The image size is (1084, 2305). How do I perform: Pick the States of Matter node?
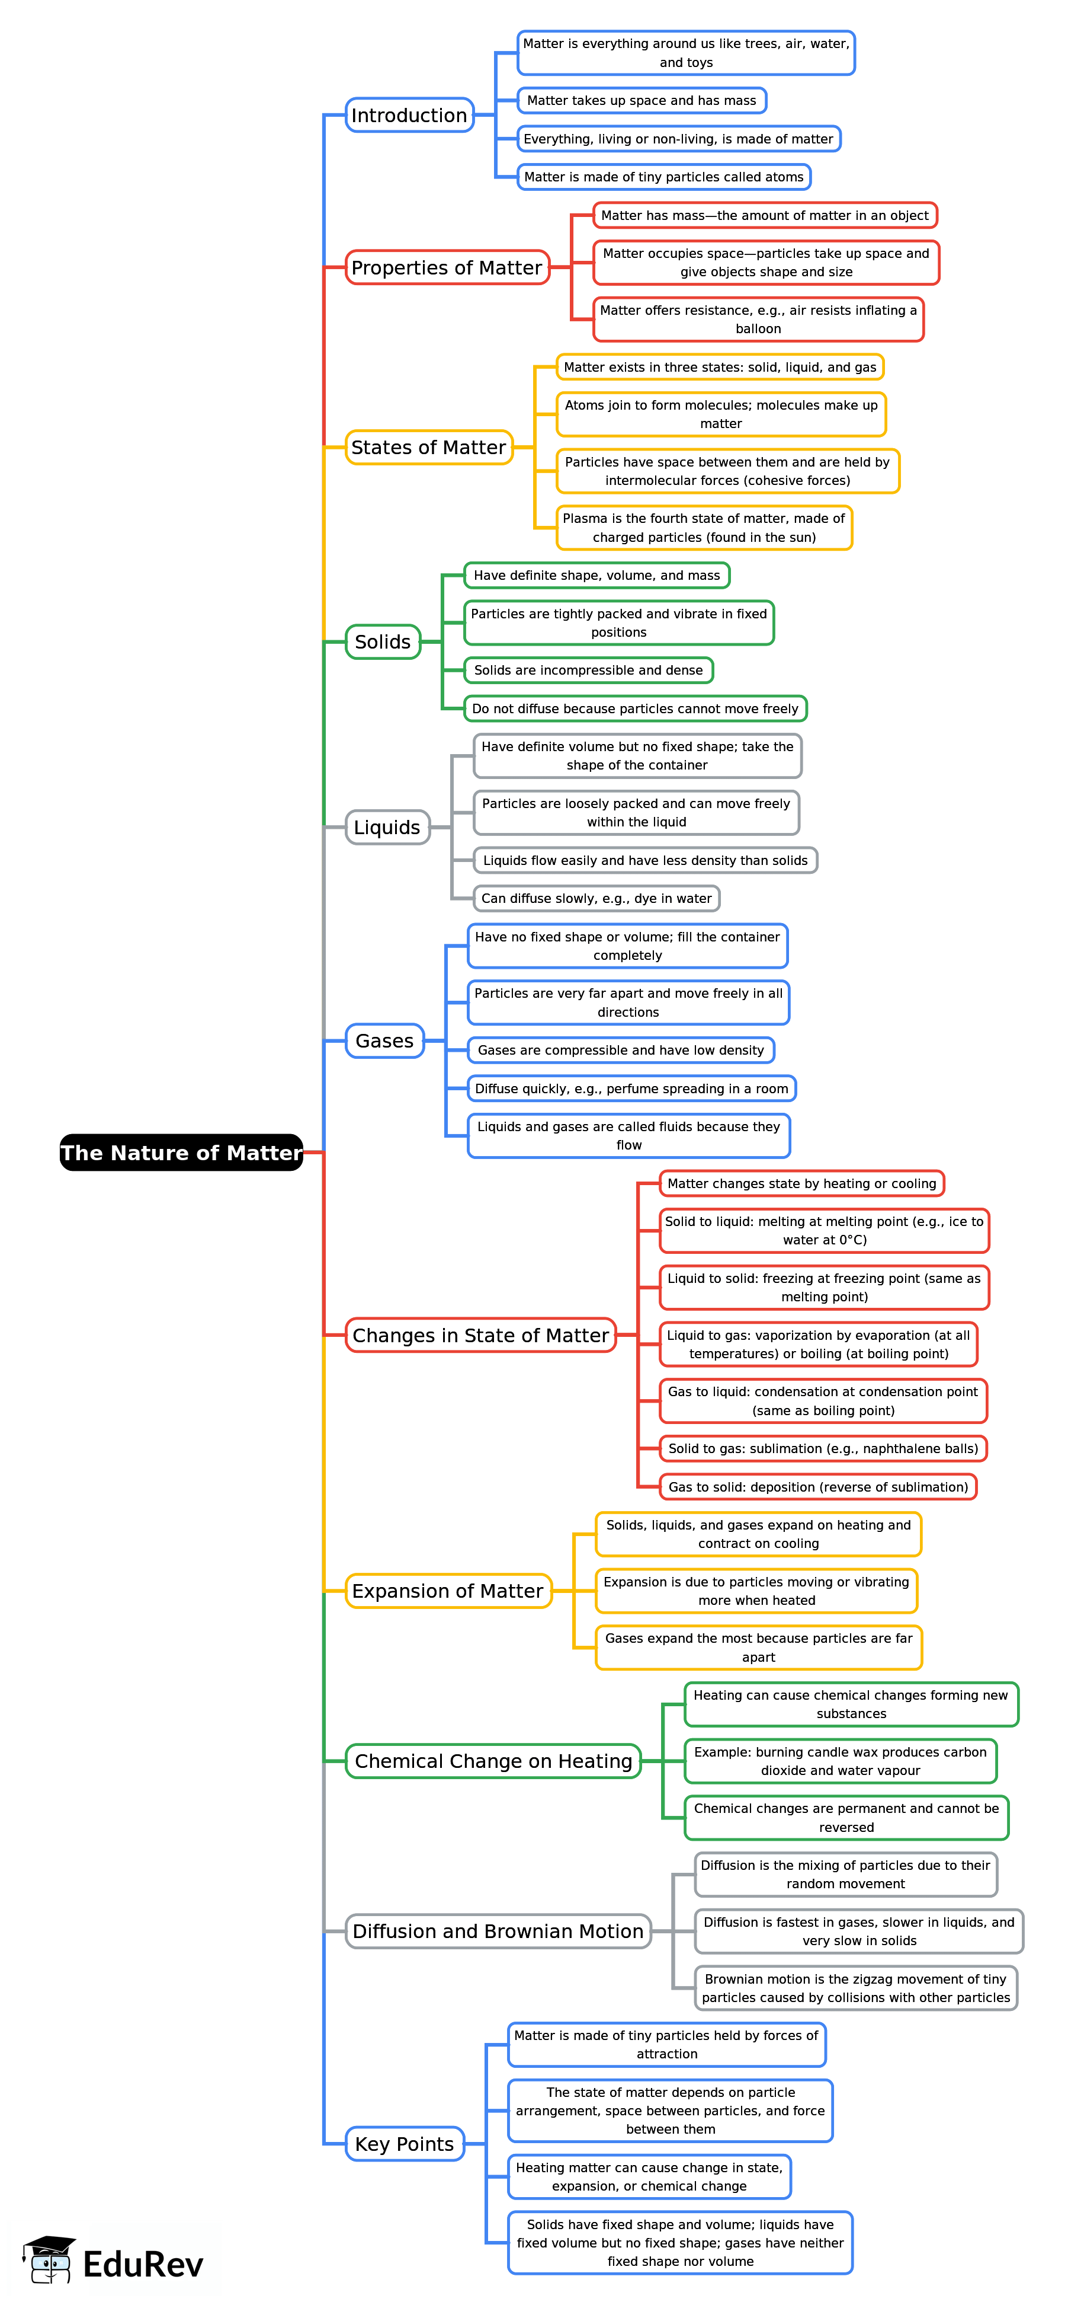pyautogui.click(x=428, y=448)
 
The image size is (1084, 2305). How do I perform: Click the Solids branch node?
pyautogui.click(x=383, y=641)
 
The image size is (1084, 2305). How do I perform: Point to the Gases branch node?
pyautogui.click(x=384, y=1040)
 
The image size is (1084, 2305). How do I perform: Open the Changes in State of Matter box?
pyautogui.click(x=480, y=1335)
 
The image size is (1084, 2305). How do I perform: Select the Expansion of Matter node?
pyautogui.click(x=448, y=1591)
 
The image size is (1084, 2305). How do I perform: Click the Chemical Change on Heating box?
pyautogui.click(x=493, y=1761)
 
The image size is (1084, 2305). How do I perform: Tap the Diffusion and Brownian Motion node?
pyautogui.click(x=498, y=1931)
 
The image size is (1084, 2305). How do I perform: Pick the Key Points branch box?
pyautogui.click(x=404, y=2144)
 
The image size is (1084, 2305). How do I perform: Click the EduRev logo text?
pyautogui.click(x=143, y=2264)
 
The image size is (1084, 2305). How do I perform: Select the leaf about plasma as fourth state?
pyautogui.click(x=704, y=528)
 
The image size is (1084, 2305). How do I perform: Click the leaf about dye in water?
pyautogui.click(x=596, y=898)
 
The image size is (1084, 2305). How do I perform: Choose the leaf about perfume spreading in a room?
pyautogui.click(x=631, y=1088)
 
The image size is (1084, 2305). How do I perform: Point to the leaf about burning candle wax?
pyautogui.click(x=840, y=1761)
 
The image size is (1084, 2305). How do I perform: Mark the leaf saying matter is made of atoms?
pyautogui.click(x=663, y=177)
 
